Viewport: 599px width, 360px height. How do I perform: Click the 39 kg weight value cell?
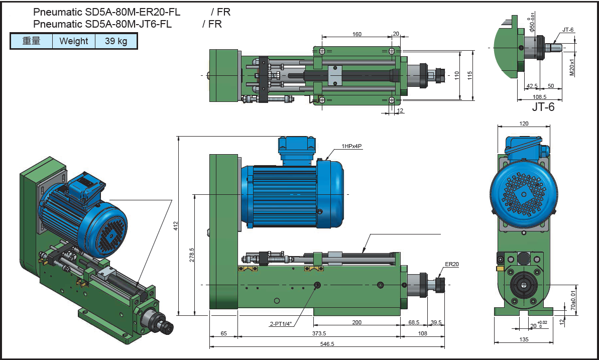tap(116, 41)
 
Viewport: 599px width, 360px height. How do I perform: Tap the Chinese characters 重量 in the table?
tap(31, 41)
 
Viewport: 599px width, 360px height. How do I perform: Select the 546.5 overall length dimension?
tap(327, 344)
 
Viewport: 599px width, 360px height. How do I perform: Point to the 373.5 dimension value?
tap(319, 333)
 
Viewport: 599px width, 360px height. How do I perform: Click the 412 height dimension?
tap(176, 226)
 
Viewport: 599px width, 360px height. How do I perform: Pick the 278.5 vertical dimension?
tap(192, 255)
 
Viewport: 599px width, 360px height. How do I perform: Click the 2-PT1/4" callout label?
tap(281, 324)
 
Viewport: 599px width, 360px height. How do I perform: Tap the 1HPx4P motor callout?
tap(351, 146)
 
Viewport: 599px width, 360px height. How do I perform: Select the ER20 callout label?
tap(451, 264)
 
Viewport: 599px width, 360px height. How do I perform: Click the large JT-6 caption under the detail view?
tap(543, 107)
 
